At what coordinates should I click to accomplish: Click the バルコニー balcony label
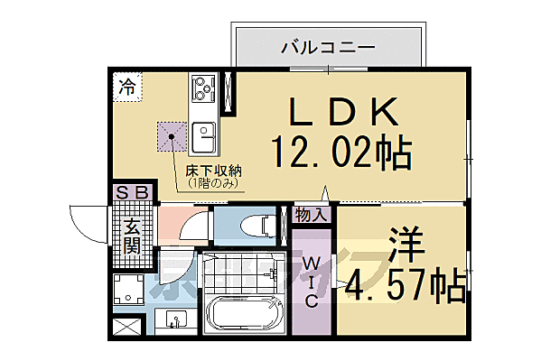point(327,44)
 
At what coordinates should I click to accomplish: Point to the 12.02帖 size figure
point(342,153)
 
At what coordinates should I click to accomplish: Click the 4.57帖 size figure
point(406,284)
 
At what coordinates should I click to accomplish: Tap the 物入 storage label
point(311,215)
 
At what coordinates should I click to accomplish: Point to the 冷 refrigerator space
point(128,88)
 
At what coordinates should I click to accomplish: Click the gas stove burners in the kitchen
point(201,90)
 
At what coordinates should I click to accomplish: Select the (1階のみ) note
point(212,183)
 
